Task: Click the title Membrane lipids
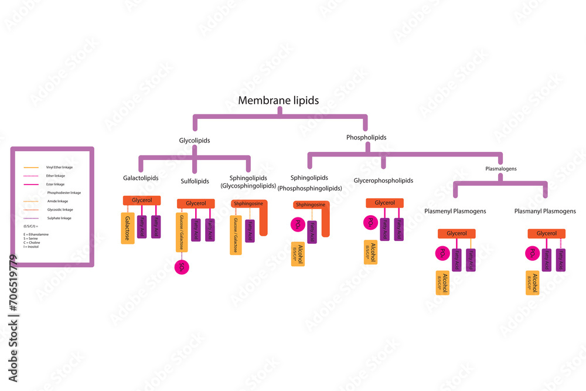click(x=278, y=100)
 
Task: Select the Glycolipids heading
click(x=195, y=141)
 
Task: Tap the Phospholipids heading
click(x=366, y=137)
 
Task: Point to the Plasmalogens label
click(x=501, y=168)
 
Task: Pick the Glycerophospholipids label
click(x=383, y=181)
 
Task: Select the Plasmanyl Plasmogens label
click(x=545, y=211)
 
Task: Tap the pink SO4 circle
click(x=182, y=267)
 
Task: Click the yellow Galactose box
click(x=128, y=228)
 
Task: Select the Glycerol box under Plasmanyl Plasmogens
click(x=546, y=233)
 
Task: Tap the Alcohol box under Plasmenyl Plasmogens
click(x=442, y=283)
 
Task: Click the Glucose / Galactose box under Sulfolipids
click(x=182, y=232)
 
